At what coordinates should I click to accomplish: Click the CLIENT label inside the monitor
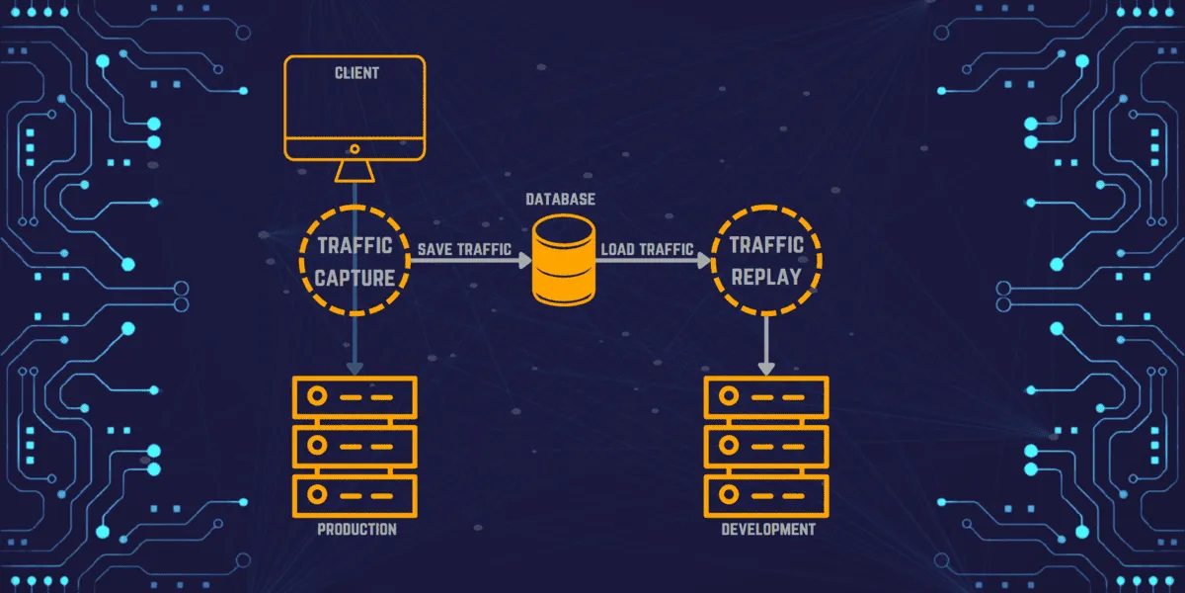click(x=355, y=73)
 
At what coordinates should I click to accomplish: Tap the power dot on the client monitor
click(x=355, y=147)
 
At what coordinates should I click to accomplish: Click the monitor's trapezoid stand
click(x=355, y=172)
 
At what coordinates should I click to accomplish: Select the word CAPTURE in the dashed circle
click(x=355, y=278)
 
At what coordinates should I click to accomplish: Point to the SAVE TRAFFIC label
click(x=463, y=250)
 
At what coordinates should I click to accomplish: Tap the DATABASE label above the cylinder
click(x=560, y=200)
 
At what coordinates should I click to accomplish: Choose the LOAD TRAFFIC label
click(x=648, y=250)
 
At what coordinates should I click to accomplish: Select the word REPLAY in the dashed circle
click(x=766, y=276)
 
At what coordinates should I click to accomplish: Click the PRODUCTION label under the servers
click(x=356, y=530)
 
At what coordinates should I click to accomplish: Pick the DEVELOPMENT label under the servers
click(x=768, y=530)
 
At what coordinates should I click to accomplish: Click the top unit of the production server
click(x=355, y=396)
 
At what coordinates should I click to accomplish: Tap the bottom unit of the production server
click(x=355, y=491)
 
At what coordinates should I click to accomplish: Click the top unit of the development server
click(x=767, y=396)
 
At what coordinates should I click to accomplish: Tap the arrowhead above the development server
click(x=766, y=367)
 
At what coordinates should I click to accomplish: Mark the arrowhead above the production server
click(x=355, y=368)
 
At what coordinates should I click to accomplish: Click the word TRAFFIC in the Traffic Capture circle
click(x=355, y=245)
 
